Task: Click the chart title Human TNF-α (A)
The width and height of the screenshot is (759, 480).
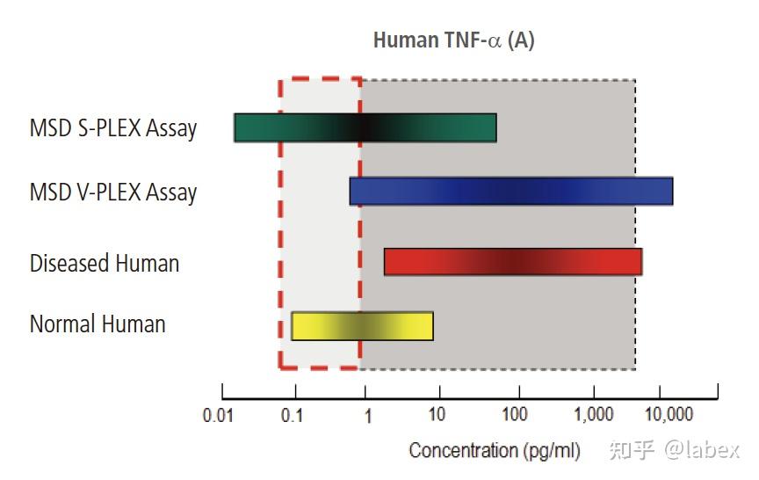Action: pyautogui.click(x=453, y=40)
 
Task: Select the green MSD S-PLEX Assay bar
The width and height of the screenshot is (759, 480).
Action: pyautogui.click(x=365, y=128)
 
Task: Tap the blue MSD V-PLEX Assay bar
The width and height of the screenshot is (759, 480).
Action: pyautogui.click(x=510, y=192)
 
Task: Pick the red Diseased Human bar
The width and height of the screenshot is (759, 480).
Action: pyautogui.click(x=513, y=262)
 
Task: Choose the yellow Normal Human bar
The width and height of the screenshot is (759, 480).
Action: pyautogui.click(x=362, y=326)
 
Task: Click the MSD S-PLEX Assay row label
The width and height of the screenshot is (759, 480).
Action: pyautogui.click(x=113, y=129)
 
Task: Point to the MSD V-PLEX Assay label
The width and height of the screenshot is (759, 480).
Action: pyautogui.click(x=113, y=193)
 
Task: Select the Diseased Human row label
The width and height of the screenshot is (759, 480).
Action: pyautogui.click(x=105, y=263)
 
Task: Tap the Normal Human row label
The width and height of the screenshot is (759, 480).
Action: pyautogui.click(x=98, y=324)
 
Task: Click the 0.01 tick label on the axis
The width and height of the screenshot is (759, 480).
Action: pyautogui.click(x=218, y=415)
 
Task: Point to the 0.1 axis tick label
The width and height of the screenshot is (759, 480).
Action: pyautogui.click(x=292, y=415)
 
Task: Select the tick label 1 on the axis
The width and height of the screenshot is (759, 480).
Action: pyautogui.click(x=367, y=415)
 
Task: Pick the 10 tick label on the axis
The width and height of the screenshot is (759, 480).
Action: pyautogui.click(x=437, y=415)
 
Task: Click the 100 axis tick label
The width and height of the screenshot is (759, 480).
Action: pyautogui.click(x=515, y=415)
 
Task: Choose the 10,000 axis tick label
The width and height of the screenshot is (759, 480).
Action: pyautogui.click(x=669, y=415)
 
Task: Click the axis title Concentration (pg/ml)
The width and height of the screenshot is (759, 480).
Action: pyautogui.click(x=495, y=451)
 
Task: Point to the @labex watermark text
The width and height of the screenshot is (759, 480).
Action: pyautogui.click(x=701, y=450)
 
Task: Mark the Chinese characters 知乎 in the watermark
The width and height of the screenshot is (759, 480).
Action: pyautogui.click(x=632, y=450)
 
